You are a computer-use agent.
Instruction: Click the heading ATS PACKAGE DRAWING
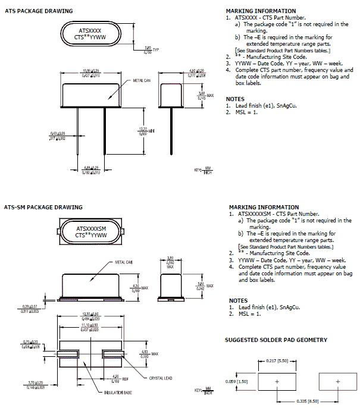tap(38, 11)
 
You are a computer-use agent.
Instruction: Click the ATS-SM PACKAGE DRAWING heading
tap(43, 208)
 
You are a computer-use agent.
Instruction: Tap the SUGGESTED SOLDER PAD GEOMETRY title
tap(276, 340)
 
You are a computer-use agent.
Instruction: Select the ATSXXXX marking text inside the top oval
tap(90, 29)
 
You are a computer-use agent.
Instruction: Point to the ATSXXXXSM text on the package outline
tap(92, 228)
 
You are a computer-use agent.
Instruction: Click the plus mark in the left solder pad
tap(277, 381)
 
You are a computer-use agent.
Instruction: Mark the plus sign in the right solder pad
tap(338, 381)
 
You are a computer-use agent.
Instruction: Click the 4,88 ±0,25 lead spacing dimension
tap(91, 170)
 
